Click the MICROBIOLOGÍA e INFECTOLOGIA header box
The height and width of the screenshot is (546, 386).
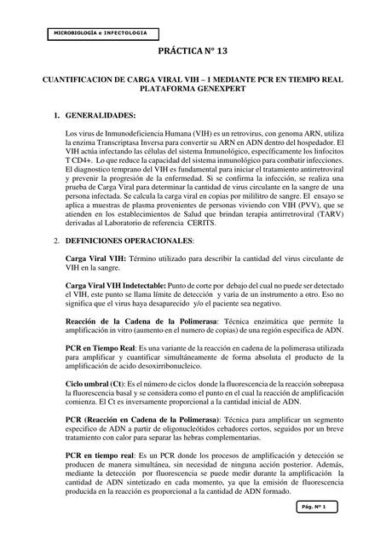point(101,32)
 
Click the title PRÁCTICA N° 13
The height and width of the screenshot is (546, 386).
point(193,53)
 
